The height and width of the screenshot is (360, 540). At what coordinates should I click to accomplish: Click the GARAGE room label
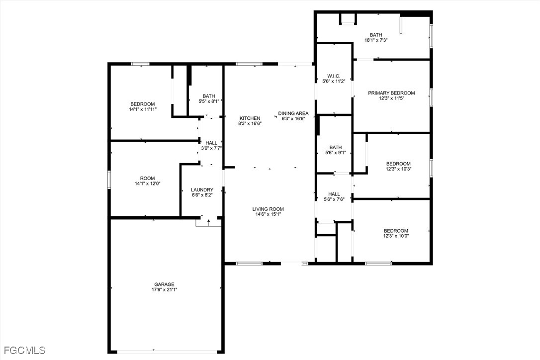(x=164, y=284)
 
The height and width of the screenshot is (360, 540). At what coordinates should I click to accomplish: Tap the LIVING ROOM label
(x=268, y=209)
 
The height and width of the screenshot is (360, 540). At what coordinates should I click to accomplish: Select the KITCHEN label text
(x=250, y=118)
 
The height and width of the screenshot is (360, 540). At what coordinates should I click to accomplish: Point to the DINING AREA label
(x=293, y=113)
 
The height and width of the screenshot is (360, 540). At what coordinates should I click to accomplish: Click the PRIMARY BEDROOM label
(x=391, y=92)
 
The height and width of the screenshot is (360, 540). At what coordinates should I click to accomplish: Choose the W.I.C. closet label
(x=334, y=76)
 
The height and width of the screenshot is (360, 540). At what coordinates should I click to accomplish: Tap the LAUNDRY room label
(x=202, y=189)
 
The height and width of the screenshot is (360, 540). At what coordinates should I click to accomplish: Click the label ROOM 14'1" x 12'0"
(x=147, y=181)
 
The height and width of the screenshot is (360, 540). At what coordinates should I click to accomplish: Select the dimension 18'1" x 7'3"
(x=376, y=40)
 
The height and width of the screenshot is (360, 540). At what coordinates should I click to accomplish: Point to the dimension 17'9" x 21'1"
(x=164, y=289)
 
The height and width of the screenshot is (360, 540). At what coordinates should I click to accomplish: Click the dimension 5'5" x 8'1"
(x=209, y=101)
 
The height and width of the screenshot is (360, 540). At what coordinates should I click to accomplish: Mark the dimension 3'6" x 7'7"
(x=211, y=148)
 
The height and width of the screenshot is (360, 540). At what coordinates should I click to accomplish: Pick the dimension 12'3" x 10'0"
(x=396, y=236)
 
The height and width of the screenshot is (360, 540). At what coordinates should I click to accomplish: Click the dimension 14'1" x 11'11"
(x=143, y=109)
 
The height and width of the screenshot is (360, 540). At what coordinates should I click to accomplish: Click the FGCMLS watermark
(x=23, y=351)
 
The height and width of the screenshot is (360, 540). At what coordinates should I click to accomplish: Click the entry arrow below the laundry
(x=208, y=222)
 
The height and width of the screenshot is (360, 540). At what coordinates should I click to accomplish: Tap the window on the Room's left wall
(x=109, y=180)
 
